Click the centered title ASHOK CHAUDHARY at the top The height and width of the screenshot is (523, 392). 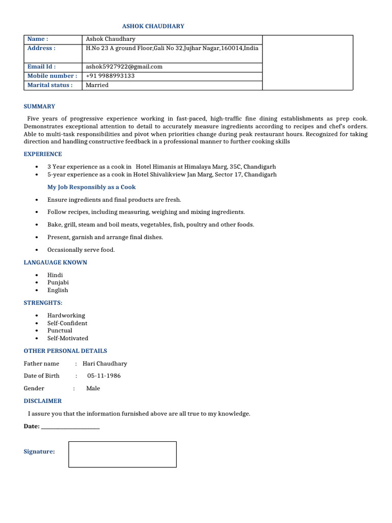(x=153, y=26)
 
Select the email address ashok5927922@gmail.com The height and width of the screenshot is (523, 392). (x=124, y=66)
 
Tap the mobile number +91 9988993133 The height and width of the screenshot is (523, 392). (x=110, y=76)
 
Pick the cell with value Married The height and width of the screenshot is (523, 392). (x=97, y=85)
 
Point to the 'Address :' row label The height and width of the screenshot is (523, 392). (x=41, y=48)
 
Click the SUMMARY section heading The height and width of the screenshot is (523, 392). (x=39, y=106)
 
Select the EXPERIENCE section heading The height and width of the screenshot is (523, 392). (x=43, y=154)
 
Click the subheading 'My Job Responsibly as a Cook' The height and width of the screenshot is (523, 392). (x=91, y=187)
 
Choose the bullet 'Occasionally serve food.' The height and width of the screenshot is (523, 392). (x=81, y=250)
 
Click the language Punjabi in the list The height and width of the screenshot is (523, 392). (x=58, y=282)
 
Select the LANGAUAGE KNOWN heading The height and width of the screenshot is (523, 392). (x=56, y=262)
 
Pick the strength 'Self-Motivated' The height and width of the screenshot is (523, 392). (x=68, y=338)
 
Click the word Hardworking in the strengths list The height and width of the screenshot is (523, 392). (x=66, y=315)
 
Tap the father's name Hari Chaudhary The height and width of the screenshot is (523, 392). (x=105, y=364)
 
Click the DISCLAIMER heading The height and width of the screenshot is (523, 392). (x=43, y=401)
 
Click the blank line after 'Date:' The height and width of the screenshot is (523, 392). (x=70, y=426)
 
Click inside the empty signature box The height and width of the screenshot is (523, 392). (x=122, y=454)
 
